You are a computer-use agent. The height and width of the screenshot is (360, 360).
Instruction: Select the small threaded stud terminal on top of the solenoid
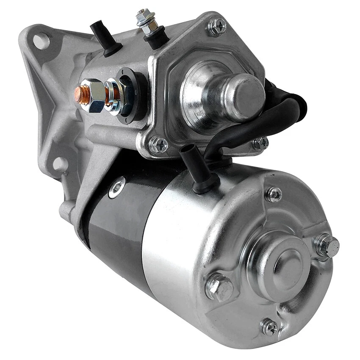coord(144,20)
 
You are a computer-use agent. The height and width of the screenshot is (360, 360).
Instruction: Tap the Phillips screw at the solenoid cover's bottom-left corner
coord(159,145)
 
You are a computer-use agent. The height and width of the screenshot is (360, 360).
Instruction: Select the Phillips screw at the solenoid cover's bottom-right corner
coord(260,143)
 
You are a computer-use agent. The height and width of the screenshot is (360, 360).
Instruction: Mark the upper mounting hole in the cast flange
coord(41,41)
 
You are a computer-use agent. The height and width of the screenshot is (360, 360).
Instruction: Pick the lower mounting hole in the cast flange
coord(59,163)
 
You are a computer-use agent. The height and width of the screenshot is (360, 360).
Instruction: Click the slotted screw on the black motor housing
coord(116,187)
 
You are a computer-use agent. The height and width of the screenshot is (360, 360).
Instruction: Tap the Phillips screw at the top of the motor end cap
coord(274,194)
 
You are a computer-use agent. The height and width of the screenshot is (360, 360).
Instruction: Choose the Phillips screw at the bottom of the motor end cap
coord(269,327)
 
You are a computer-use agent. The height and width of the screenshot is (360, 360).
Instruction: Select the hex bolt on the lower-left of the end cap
coord(219,287)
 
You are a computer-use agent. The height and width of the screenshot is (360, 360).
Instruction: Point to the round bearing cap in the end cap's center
coord(284,262)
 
